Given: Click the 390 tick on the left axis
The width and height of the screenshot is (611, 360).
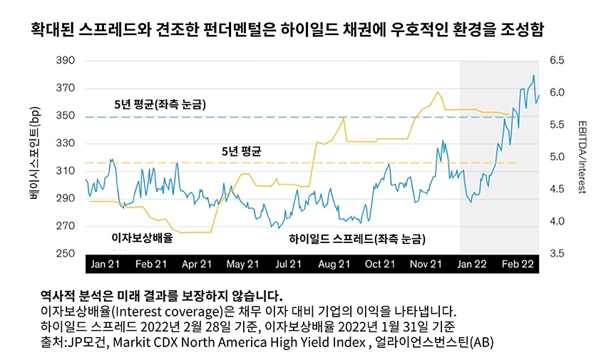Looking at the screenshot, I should click(65, 61).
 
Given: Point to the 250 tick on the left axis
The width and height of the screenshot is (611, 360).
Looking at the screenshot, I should click(65, 254).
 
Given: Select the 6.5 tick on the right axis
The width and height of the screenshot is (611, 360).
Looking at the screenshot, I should click(558, 61).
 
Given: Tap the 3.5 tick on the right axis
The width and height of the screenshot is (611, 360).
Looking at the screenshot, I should click(558, 254).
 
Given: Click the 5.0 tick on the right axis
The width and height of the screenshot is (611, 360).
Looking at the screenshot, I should click(558, 158).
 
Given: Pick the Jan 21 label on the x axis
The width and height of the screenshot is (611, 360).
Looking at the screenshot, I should click(106, 264).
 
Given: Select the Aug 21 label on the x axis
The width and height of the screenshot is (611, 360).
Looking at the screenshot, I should click(334, 264).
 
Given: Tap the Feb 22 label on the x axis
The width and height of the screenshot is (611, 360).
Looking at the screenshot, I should click(517, 264).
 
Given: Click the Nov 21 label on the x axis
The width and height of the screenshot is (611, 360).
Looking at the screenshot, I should click(426, 264).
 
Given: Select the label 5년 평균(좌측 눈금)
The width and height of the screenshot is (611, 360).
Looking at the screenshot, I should click(160, 105).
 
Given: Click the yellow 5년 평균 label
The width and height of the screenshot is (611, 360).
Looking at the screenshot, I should click(242, 152).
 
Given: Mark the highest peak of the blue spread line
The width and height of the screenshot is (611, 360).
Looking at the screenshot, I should click(533, 76).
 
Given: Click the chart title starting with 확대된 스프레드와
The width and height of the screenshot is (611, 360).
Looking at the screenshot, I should click(292, 30).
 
